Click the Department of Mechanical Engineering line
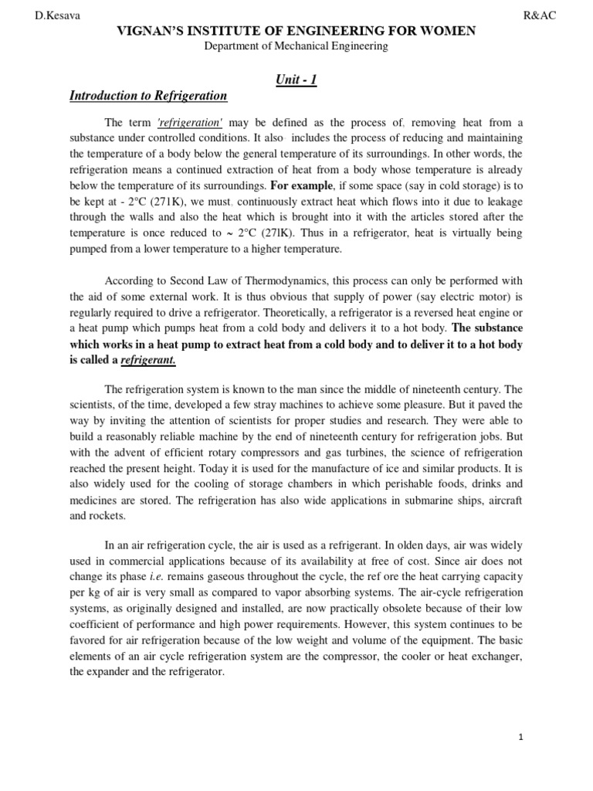296,47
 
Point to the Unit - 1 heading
296,80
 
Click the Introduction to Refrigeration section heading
148,96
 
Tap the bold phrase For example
301,185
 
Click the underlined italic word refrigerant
148,361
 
